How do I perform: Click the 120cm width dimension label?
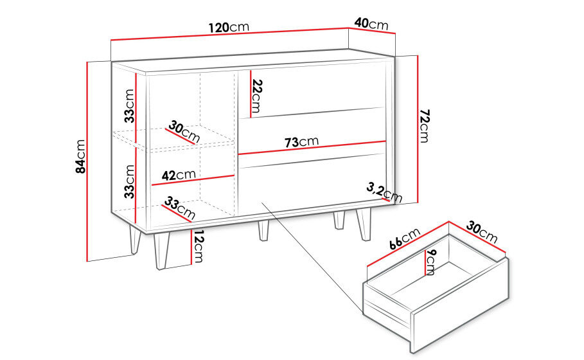pos(229,27)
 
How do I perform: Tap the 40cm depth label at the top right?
pos(371,24)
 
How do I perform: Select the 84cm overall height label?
pos(80,156)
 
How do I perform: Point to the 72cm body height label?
pos(424,126)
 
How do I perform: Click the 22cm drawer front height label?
pos(256,96)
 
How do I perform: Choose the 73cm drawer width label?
pos(302,141)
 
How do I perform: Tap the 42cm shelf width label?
pos(179,175)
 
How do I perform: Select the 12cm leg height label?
pos(197,246)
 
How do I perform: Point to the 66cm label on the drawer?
pos(405,239)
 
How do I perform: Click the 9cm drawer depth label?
pos(430,262)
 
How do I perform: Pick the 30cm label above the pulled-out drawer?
pos(482,232)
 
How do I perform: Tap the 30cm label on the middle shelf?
pos(184,132)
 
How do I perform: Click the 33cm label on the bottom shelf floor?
pos(179,208)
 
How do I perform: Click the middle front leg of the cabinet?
pos(263,231)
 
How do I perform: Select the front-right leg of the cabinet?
pos(364,224)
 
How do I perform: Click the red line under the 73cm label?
pos(312,148)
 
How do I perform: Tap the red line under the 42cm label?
pos(193,180)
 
